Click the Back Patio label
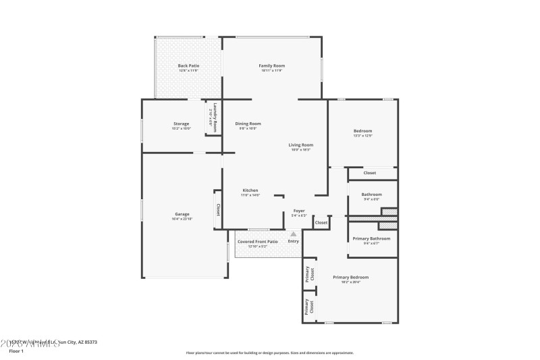[x=188, y=66]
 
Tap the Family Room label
[x=272, y=66]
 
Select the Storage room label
[x=181, y=124]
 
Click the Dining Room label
[x=248, y=124]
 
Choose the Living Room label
[x=300, y=145]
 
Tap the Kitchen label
[x=250, y=190]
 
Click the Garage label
[x=182, y=214]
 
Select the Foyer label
[x=299, y=211]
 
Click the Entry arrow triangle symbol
[x=293, y=234]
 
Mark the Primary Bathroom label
[x=371, y=238]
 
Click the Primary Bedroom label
[x=351, y=277]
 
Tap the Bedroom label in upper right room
[x=362, y=130]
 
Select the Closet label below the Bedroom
[x=370, y=173]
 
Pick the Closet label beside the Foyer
[x=321, y=222]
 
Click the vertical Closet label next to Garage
[x=218, y=210]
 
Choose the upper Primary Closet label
[x=309, y=274]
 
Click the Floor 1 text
[x=16, y=351]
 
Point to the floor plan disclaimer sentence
[x=269, y=352]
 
